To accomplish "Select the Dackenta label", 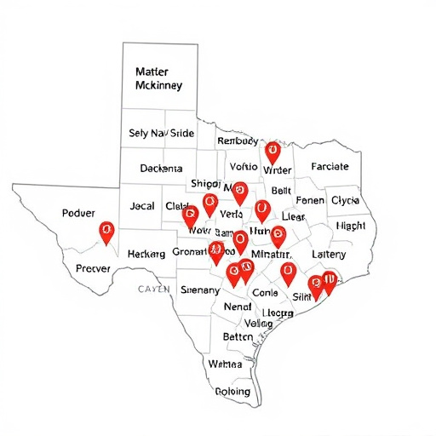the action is [161, 169].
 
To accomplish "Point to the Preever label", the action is [94, 267].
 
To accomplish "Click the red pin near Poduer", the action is [106, 231].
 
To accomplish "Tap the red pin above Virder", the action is [272, 152].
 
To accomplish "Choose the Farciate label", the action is [330, 167].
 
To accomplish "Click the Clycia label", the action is [345, 201].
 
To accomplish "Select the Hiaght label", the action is [350, 226].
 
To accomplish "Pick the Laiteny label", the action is [329, 254].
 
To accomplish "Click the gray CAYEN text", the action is [154, 290].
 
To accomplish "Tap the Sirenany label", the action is [201, 290].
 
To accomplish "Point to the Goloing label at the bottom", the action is [232, 392].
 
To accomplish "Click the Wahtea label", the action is [225, 364].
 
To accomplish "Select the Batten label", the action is [238, 337].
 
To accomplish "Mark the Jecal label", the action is [142, 206].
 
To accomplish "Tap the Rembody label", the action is [238, 141].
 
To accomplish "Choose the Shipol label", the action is [206, 184].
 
